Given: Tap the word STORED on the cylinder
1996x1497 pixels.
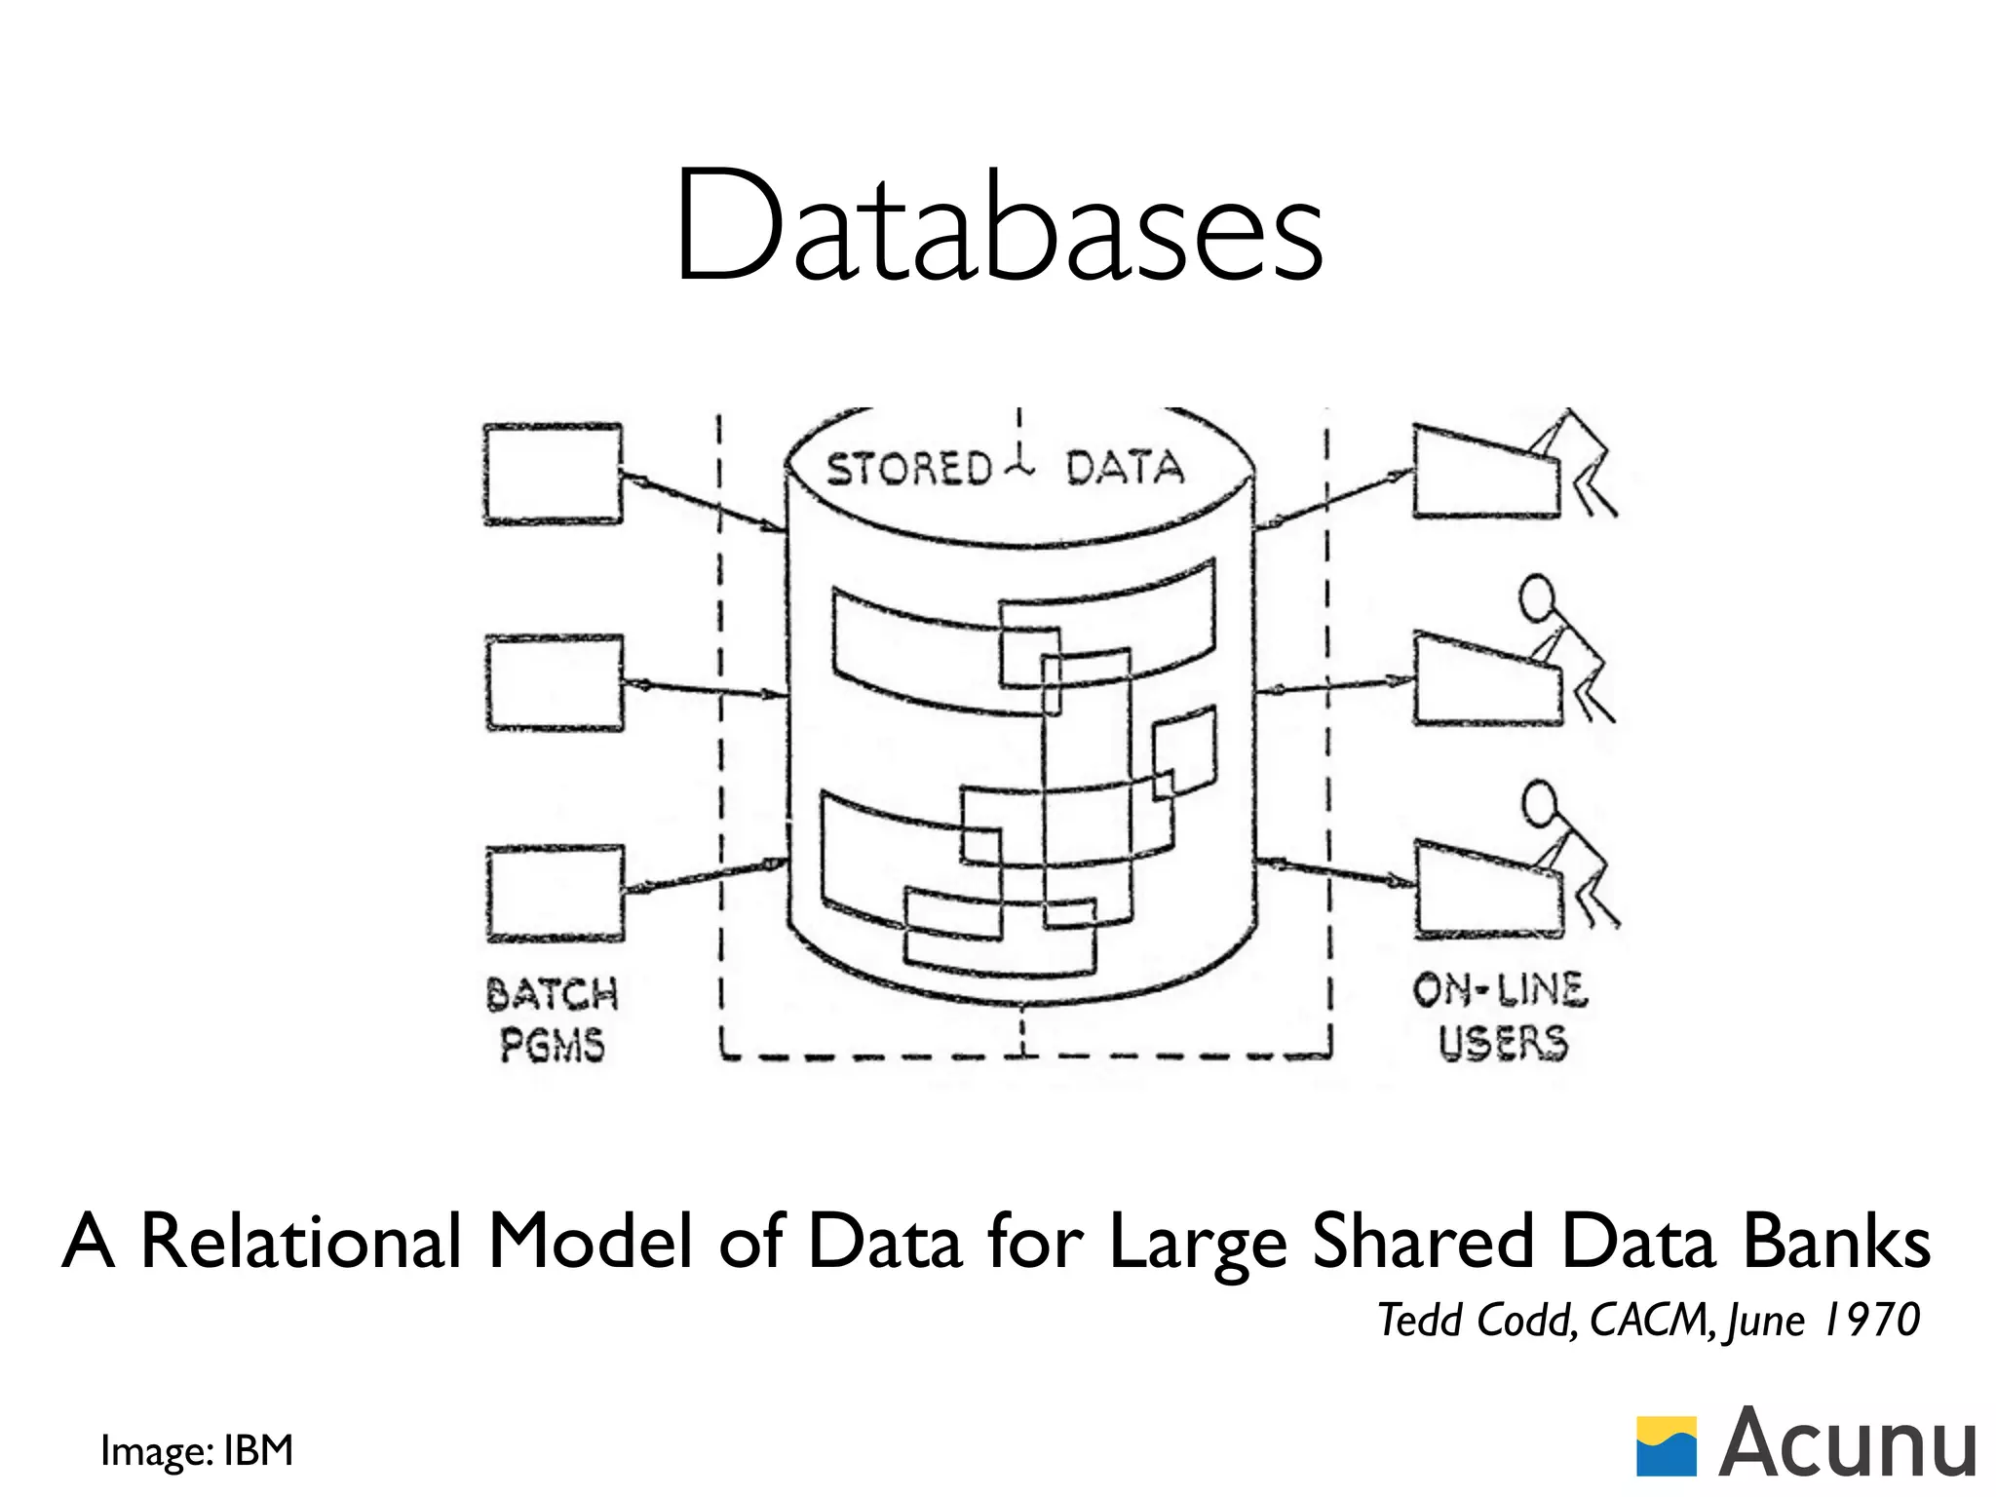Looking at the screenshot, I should pyautogui.click(x=908, y=469).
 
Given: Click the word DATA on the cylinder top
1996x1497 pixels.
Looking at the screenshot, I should pyautogui.click(x=1125, y=468).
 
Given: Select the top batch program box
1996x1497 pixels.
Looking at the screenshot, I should pyautogui.click(x=553, y=475).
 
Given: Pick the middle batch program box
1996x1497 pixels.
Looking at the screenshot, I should pyautogui.click(x=555, y=682).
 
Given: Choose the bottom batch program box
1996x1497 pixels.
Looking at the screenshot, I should pyautogui.click(x=555, y=893).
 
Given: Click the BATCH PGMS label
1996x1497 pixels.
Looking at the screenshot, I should pyautogui.click(x=552, y=1019).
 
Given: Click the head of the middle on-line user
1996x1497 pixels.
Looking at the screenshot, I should pyautogui.click(x=1538, y=597).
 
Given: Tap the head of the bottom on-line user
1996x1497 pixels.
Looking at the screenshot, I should pyautogui.click(x=1540, y=804).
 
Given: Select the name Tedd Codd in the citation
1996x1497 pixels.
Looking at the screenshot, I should pyautogui.click(x=1476, y=1321).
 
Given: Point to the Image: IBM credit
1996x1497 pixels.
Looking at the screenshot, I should pyautogui.click(x=196, y=1450).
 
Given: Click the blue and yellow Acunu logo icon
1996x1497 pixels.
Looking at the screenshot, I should pyautogui.click(x=1666, y=1446).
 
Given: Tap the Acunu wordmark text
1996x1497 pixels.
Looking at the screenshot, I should pyautogui.click(x=1847, y=1444).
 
